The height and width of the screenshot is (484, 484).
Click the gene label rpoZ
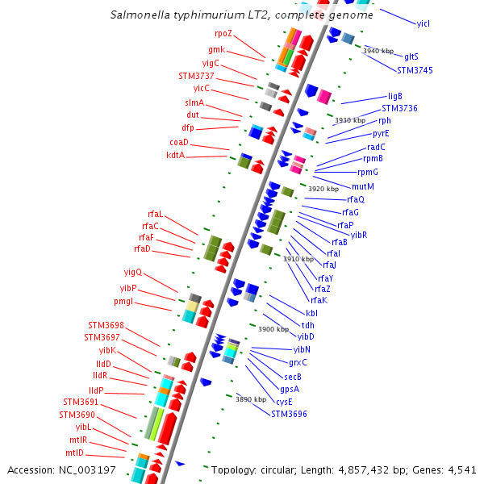223,34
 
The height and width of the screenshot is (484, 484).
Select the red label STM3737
196,76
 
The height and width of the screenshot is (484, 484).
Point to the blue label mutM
364,186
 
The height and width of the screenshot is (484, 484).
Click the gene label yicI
423,23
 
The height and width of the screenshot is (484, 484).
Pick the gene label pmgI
123,302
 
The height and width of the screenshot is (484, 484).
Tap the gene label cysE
284,402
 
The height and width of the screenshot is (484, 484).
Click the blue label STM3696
289,414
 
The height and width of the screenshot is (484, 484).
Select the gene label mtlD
75,453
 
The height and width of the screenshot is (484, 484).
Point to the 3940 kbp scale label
378,51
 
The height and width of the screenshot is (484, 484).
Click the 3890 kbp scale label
251,399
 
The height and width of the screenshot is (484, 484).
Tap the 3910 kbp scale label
298,259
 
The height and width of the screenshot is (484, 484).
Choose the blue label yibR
359,235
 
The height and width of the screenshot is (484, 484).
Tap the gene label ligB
395,96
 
